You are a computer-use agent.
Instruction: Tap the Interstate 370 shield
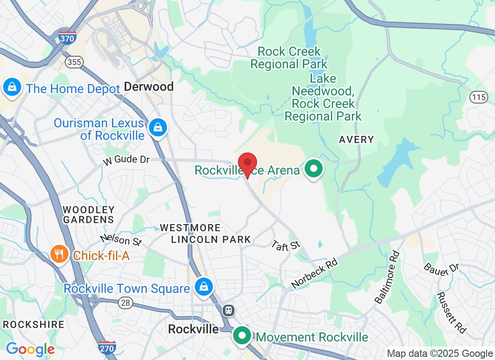[x=67, y=38]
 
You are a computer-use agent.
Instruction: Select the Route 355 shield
[x=73, y=62]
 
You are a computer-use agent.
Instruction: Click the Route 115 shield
[x=478, y=97]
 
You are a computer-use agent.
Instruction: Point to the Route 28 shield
[x=126, y=303]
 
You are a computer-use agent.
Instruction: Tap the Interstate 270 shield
[x=107, y=347]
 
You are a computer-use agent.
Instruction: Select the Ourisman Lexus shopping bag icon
[x=158, y=127]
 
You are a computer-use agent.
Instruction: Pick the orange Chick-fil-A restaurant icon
[x=59, y=255]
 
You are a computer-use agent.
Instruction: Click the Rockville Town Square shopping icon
[x=203, y=286]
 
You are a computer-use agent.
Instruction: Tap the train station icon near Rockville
[x=229, y=310]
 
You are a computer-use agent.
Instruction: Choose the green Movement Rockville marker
[x=243, y=336]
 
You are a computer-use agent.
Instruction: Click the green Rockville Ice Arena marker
[x=314, y=169]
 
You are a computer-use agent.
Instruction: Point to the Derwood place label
[x=148, y=86]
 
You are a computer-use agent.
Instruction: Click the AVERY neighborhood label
[x=356, y=139]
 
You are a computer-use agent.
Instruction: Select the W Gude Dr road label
[x=126, y=160]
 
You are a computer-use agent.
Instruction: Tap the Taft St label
[x=286, y=245]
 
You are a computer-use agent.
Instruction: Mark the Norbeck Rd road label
[x=314, y=274]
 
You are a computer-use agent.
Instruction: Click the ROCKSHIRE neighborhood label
[x=33, y=324]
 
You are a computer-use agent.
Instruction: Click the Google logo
[x=30, y=349]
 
